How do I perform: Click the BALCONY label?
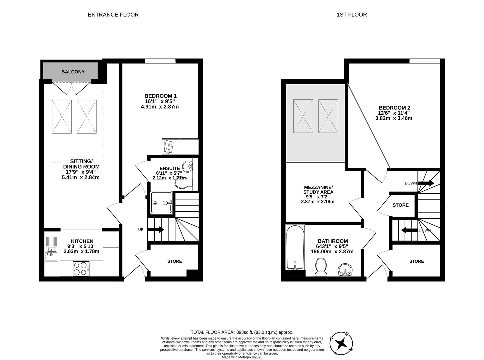pos(73,72)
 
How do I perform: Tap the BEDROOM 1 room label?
pos(160,96)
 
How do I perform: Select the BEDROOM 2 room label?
pos(394,108)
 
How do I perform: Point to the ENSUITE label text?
pos(170,168)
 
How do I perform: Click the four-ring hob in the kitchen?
pos(81,269)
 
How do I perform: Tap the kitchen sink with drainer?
pos(51,248)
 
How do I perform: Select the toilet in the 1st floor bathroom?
pos(321,267)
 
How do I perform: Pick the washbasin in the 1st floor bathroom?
pos(345,269)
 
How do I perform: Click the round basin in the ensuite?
pos(187,167)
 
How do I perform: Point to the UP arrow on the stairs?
pos(156,229)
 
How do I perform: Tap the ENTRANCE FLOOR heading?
pos(113,15)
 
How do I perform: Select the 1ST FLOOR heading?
pos(352,15)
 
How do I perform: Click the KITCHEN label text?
pos(82,241)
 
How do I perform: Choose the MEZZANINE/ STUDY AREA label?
pos(318,190)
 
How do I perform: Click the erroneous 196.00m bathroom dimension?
pos(321,251)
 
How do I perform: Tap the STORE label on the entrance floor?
pos(175,261)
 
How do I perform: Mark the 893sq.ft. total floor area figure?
pos(244,332)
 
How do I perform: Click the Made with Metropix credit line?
pos(242,357)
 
